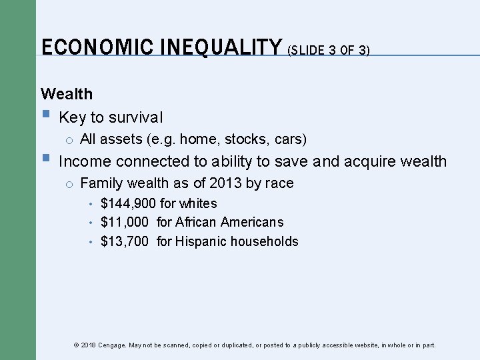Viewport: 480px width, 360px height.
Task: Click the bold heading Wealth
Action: point(67,94)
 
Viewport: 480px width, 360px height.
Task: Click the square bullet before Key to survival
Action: point(45,116)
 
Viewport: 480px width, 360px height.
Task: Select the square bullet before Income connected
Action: point(45,160)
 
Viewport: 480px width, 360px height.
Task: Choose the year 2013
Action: point(222,183)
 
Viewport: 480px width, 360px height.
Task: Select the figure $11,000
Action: point(125,222)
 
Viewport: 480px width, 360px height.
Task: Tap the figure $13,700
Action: point(125,241)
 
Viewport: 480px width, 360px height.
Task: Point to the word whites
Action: point(198,203)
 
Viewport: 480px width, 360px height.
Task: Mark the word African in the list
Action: point(196,222)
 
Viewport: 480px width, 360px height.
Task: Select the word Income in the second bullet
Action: point(85,161)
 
